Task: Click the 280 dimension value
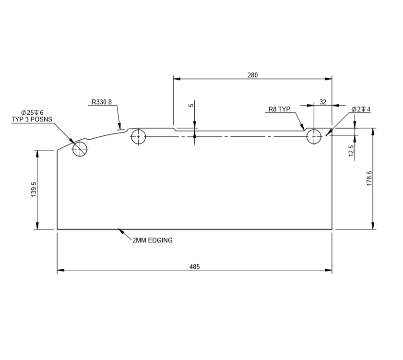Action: point(253,75)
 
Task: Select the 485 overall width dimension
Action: point(194,266)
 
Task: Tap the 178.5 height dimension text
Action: point(369,179)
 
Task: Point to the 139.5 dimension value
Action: point(34,189)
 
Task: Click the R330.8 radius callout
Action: point(102,102)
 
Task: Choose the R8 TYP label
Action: point(280,109)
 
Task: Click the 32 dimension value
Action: point(322,102)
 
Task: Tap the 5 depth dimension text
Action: point(191,105)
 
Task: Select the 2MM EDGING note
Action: point(153,240)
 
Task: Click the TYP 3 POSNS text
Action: point(32,119)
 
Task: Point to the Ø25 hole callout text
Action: point(32,112)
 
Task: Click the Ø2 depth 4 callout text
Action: point(361,109)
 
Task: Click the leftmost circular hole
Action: point(80,149)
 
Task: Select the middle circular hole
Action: point(139,136)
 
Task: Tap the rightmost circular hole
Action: point(314,136)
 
